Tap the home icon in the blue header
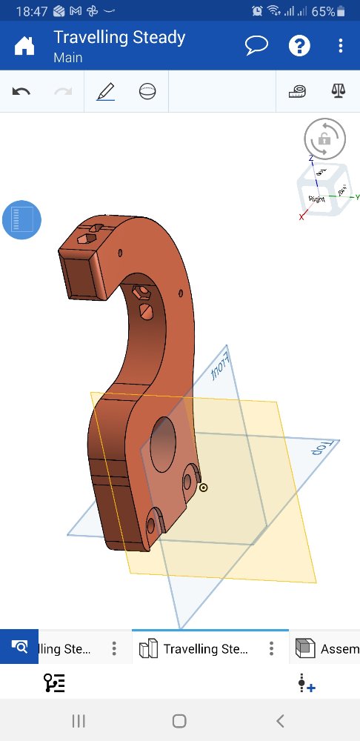click(x=24, y=46)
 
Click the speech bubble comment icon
click(x=256, y=46)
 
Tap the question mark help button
click(x=299, y=46)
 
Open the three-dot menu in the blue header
click(x=340, y=46)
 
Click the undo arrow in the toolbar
click(x=21, y=92)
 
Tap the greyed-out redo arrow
click(x=63, y=92)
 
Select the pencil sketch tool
click(x=105, y=92)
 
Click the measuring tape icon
click(x=297, y=92)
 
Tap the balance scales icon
click(x=339, y=92)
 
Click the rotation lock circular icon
click(x=324, y=139)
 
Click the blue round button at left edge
click(x=21, y=220)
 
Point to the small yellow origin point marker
click(x=203, y=488)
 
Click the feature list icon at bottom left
click(x=54, y=683)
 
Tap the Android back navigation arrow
click(x=279, y=720)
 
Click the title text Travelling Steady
click(x=119, y=38)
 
